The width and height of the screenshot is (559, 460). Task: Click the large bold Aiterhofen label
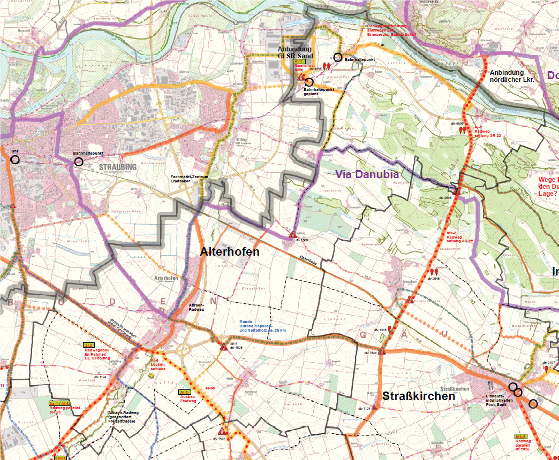coord(230,252)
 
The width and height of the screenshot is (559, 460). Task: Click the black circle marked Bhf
coord(14,159)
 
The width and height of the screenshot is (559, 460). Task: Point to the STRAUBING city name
coord(118,167)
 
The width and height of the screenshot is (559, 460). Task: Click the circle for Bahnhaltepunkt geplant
coord(308,82)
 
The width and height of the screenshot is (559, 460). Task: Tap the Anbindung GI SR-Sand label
coord(295,52)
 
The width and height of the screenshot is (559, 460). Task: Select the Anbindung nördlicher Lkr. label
coord(513,76)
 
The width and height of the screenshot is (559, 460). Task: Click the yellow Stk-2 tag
coord(520,436)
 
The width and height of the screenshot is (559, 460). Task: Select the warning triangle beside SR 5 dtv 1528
coord(222,347)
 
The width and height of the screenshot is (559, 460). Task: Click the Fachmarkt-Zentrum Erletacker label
coord(188,179)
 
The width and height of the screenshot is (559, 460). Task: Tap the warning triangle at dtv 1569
coord(292,235)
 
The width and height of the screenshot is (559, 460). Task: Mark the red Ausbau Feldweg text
coord(188,398)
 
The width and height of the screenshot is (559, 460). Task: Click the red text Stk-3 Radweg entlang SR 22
coord(460,237)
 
